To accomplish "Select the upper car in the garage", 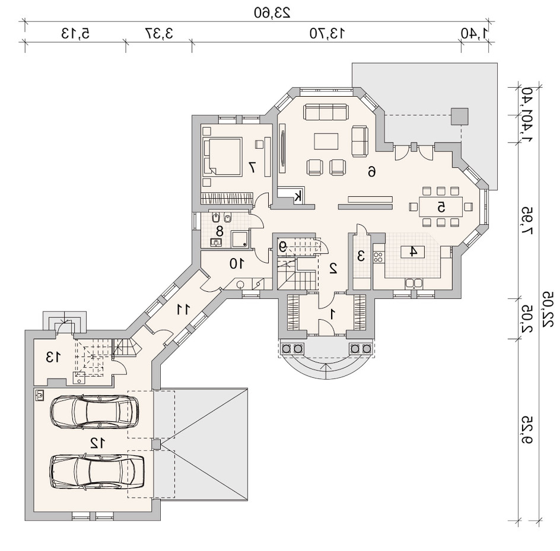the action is (95, 412).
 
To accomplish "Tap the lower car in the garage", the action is (98, 471).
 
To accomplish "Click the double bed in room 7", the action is (222, 157).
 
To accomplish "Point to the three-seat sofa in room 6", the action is (325, 112).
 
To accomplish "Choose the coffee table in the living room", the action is (326, 141).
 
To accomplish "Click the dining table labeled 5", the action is (441, 207).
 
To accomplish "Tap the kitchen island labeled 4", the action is (412, 251).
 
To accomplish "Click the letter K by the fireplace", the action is (298, 196).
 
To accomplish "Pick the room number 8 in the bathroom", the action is (219, 231).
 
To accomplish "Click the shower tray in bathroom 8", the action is (240, 239).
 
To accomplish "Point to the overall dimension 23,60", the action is (272, 12).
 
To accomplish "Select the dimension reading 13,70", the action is (327, 33).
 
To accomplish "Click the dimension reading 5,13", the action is (75, 33).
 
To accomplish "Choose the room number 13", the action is (53, 356).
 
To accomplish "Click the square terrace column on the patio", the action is (459, 116).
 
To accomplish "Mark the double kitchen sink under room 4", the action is (414, 283).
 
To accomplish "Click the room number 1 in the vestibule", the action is (332, 314).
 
